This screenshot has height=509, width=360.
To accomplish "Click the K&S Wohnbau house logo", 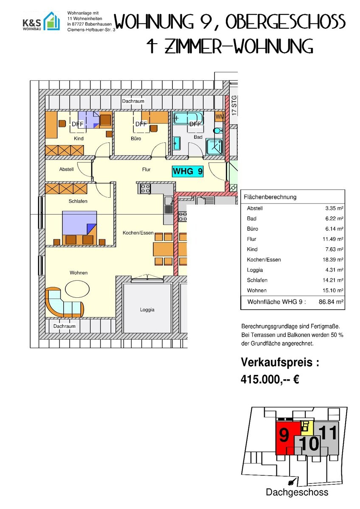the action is point(52,21).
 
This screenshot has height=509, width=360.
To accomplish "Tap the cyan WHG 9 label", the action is point(188,171).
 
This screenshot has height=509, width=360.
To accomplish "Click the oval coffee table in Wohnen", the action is point(77,289).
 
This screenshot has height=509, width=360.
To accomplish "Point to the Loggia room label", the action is point(147,310).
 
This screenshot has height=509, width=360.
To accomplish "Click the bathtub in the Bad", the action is point(187,118).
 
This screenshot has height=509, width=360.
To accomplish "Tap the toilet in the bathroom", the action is point(218,131).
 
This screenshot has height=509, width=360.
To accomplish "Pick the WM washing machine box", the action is point(219,117).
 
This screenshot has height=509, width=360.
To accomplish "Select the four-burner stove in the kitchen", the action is point(145,189).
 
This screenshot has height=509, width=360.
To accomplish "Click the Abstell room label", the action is point(66,169).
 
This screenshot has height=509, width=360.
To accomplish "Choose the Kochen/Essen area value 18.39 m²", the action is point(333,260).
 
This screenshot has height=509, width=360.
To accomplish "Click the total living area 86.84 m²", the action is point(331,302).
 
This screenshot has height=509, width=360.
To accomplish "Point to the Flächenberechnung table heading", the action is point(270,197).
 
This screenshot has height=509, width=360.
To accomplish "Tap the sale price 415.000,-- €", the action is point(270,379).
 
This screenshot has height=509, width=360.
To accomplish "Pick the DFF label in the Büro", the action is point(141,124).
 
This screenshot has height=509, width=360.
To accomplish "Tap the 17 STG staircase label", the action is point(234,105).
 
